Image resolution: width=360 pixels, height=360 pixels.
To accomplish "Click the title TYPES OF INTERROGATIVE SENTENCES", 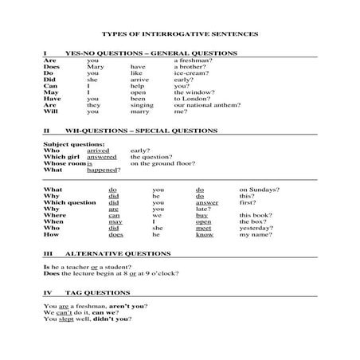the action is pos(179,34).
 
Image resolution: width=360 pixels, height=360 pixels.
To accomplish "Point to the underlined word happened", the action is pos(102,170).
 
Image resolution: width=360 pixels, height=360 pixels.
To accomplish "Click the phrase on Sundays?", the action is pos(254,190).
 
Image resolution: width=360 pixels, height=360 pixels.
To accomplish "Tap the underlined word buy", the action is pos(202,215).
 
